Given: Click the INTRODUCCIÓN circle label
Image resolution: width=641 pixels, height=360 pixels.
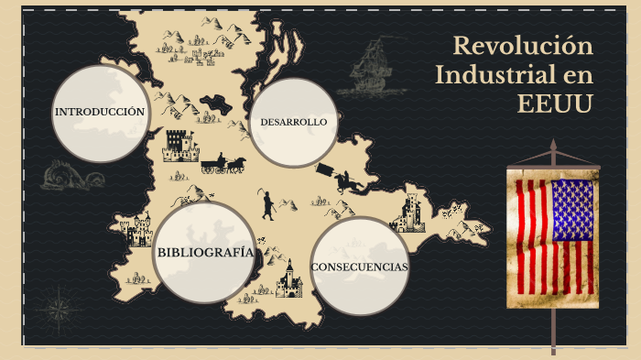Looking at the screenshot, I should [100, 112].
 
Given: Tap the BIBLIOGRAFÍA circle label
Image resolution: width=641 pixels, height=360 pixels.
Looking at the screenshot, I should [204, 253].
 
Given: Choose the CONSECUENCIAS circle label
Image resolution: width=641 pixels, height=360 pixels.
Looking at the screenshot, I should [360, 267].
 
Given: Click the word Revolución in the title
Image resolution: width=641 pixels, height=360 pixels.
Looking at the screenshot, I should [523, 46].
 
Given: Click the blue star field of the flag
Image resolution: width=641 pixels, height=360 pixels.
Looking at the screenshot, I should [572, 210].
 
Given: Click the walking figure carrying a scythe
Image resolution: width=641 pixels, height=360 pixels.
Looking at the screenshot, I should [267, 205].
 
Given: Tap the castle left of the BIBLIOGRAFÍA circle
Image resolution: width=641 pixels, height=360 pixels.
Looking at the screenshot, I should [139, 230].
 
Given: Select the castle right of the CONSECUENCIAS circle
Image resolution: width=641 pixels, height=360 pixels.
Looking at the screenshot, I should [409, 213].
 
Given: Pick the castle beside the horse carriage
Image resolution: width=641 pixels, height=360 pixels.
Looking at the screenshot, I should [179, 145].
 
